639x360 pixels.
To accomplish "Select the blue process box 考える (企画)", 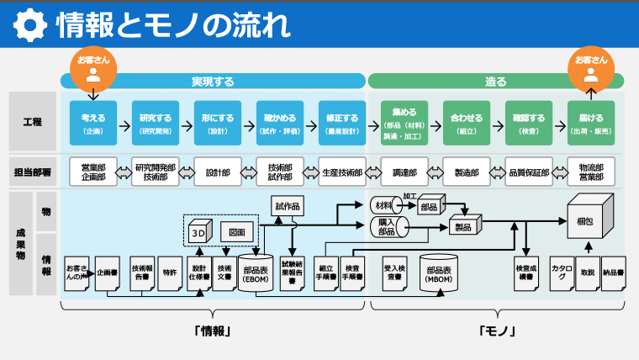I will [92, 124].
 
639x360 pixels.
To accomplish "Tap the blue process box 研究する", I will [155, 124].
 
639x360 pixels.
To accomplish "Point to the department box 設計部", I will [217, 172].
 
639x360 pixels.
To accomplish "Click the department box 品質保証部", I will [529, 172].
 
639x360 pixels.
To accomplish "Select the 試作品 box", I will [287, 205].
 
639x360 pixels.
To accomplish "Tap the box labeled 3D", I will [198, 232].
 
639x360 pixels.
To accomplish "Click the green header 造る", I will [496, 82].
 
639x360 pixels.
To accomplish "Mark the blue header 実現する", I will [213, 82].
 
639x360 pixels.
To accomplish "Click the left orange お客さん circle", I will [92, 66].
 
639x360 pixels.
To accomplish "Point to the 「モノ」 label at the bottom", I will [496, 331].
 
